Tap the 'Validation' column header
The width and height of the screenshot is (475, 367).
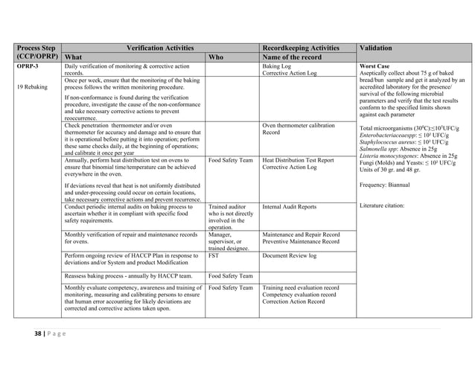pos(377,48)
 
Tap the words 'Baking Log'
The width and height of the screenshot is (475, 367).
pos(277,66)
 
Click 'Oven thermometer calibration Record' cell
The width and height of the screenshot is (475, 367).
pos(299,130)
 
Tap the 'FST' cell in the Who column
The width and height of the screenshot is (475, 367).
pos(214,256)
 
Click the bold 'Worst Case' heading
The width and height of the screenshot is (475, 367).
pos(374,66)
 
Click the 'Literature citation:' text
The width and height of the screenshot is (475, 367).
pos(381,205)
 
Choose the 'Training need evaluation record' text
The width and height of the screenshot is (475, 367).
pos(301,288)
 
